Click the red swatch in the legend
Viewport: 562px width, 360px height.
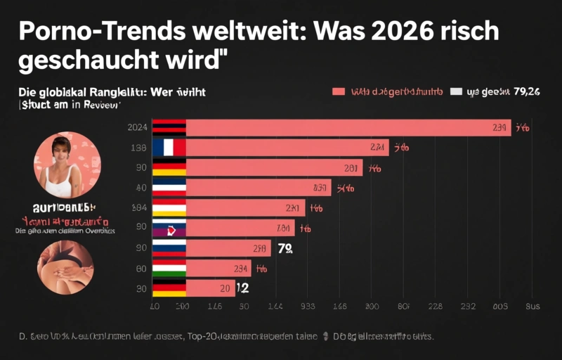pyautogui.click(x=338, y=91)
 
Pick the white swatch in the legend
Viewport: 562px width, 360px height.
pyautogui.click(x=456, y=91)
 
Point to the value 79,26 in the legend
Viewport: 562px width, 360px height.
pyautogui.click(x=526, y=91)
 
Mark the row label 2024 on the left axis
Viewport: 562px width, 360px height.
pyautogui.click(x=137, y=127)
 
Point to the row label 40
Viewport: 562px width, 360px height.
pyautogui.click(x=140, y=188)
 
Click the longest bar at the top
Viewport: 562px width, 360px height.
pyautogui.click(x=348, y=127)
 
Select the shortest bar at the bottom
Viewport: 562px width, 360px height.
pyautogui.click(x=210, y=288)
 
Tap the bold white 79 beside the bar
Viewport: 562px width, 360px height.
pyautogui.click(x=285, y=248)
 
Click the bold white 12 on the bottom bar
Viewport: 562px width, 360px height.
pyautogui.click(x=242, y=288)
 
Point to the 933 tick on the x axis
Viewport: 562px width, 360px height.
pyautogui.click(x=308, y=307)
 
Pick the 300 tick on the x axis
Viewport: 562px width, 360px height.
pyautogui.click(x=372, y=307)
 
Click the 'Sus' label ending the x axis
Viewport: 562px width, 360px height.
pyautogui.click(x=532, y=307)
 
